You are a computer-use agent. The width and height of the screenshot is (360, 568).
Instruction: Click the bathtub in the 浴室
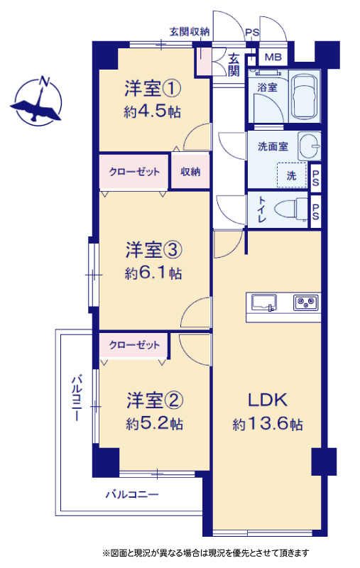[305, 97]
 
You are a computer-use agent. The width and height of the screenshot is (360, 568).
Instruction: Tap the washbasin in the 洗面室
[310, 146]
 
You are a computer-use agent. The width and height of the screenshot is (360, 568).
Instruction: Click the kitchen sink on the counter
[263, 302]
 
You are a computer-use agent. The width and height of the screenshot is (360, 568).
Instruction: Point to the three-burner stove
[307, 302]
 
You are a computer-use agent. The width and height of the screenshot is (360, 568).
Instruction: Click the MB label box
[273, 58]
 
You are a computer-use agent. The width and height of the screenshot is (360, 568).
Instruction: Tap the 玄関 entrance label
[234, 65]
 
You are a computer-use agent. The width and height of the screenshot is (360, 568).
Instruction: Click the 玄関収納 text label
[190, 32]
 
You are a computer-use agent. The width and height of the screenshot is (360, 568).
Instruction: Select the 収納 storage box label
[190, 172]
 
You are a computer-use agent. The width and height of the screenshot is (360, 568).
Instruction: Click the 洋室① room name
[153, 89]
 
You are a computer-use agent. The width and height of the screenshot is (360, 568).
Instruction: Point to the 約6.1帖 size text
[153, 273]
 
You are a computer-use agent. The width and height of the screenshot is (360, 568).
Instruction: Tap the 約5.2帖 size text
[154, 423]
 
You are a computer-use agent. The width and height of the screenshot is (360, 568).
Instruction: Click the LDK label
[268, 400]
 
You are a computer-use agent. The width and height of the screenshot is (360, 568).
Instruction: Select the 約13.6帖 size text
[268, 423]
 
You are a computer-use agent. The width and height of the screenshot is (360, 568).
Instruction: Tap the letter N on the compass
[45, 81]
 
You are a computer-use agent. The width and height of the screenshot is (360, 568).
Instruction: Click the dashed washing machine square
[292, 175]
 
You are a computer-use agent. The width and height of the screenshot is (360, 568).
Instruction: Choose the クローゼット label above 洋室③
[134, 171]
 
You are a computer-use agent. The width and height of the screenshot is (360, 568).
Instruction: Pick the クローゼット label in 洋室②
[134, 344]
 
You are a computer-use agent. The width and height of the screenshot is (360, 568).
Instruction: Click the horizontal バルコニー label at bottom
[132, 494]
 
